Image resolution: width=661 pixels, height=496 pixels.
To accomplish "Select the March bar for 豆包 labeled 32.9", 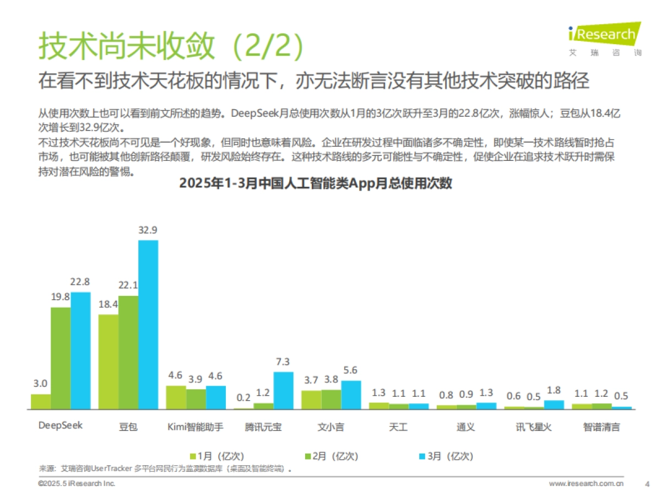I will (148, 325).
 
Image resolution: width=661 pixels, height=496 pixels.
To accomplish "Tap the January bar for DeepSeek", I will (41, 402).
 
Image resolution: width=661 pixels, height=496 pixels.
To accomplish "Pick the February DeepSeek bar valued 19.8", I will (61, 358).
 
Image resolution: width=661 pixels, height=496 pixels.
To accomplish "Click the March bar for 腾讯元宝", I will (283, 391).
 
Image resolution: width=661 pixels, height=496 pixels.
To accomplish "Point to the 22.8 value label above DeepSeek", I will (80, 282).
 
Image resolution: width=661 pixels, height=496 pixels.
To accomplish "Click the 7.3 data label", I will (283, 362).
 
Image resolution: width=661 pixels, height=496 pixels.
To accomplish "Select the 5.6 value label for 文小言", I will (351, 370).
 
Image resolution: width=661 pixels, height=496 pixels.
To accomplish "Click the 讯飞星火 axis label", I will (533, 427).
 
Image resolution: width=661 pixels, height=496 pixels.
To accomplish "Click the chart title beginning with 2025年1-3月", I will (316, 184).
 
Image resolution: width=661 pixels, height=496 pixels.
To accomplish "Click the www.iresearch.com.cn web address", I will (586, 483).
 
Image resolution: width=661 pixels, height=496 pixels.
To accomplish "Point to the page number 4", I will (647, 483).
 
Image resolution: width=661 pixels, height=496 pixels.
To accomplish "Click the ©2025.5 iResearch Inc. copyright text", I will (77, 483).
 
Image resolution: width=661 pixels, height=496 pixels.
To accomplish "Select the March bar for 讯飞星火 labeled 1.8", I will (554, 405).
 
